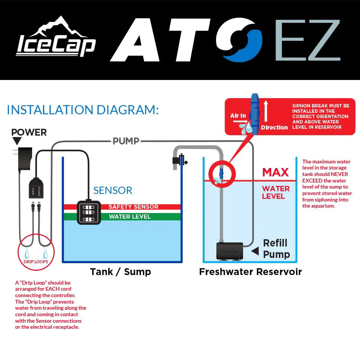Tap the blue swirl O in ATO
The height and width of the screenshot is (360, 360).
pyautogui.click(x=239, y=40)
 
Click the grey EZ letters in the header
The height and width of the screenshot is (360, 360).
pyautogui.click(x=307, y=40)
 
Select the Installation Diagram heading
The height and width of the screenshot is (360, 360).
pyautogui.click(x=83, y=110)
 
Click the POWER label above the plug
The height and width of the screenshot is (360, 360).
pyautogui.click(x=29, y=133)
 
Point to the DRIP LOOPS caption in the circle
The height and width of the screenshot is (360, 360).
pyautogui.click(x=36, y=262)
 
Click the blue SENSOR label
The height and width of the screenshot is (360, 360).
pyautogui.click(x=113, y=190)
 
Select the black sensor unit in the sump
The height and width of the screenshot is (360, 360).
pyautogui.click(x=89, y=212)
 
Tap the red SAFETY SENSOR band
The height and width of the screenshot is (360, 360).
pyautogui.click(x=133, y=207)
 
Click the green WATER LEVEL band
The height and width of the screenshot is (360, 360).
pyautogui.click(x=130, y=217)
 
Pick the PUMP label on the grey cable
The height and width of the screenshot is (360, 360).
pyautogui.click(x=126, y=141)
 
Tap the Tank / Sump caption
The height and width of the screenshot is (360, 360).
pyautogui.click(x=120, y=272)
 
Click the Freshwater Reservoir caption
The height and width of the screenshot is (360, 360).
pyautogui.click(x=250, y=272)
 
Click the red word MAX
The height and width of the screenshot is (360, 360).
pyautogui.click(x=275, y=173)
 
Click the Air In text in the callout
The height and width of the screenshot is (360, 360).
pyautogui.click(x=238, y=116)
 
